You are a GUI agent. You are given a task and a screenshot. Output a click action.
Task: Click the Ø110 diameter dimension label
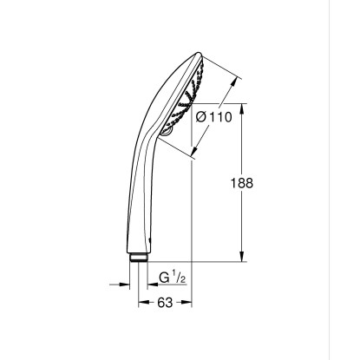[214, 117]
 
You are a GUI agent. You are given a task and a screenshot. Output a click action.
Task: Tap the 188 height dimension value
[242, 183]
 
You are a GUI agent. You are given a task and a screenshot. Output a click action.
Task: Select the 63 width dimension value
[165, 303]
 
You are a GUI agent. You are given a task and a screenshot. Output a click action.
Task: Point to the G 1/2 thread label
[173, 278]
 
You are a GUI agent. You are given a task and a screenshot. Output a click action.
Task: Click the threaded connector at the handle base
[139, 258]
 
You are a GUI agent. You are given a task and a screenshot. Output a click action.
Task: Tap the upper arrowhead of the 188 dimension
[242, 109]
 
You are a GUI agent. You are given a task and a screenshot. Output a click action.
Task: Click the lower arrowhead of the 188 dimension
[242, 256]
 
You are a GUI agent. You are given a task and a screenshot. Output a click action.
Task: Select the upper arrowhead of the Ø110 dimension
[234, 82]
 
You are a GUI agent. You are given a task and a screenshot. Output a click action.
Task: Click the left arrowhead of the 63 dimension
[144, 302]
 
